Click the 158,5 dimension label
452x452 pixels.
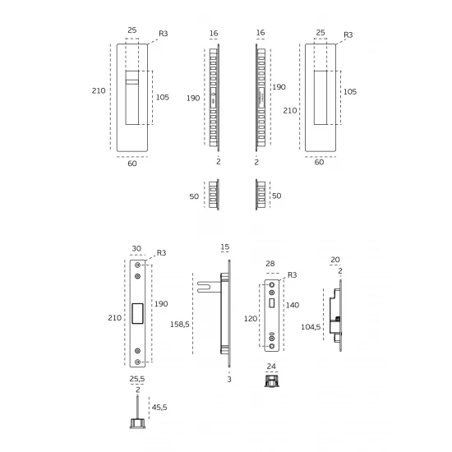click(x=180, y=325)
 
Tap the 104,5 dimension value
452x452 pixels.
click(x=311, y=327)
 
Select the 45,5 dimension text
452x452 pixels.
click(x=159, y=407)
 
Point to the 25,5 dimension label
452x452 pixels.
click(x=137, y=379)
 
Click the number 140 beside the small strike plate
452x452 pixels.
click(x=293, y=305)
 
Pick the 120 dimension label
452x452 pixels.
click(x=251, y=319)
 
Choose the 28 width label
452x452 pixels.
click(x=270, y=264)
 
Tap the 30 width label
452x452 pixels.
click(x=136, y=248)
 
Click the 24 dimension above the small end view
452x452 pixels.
click(x=271, y=366)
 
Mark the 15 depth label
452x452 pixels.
click(x=225, y=247)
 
